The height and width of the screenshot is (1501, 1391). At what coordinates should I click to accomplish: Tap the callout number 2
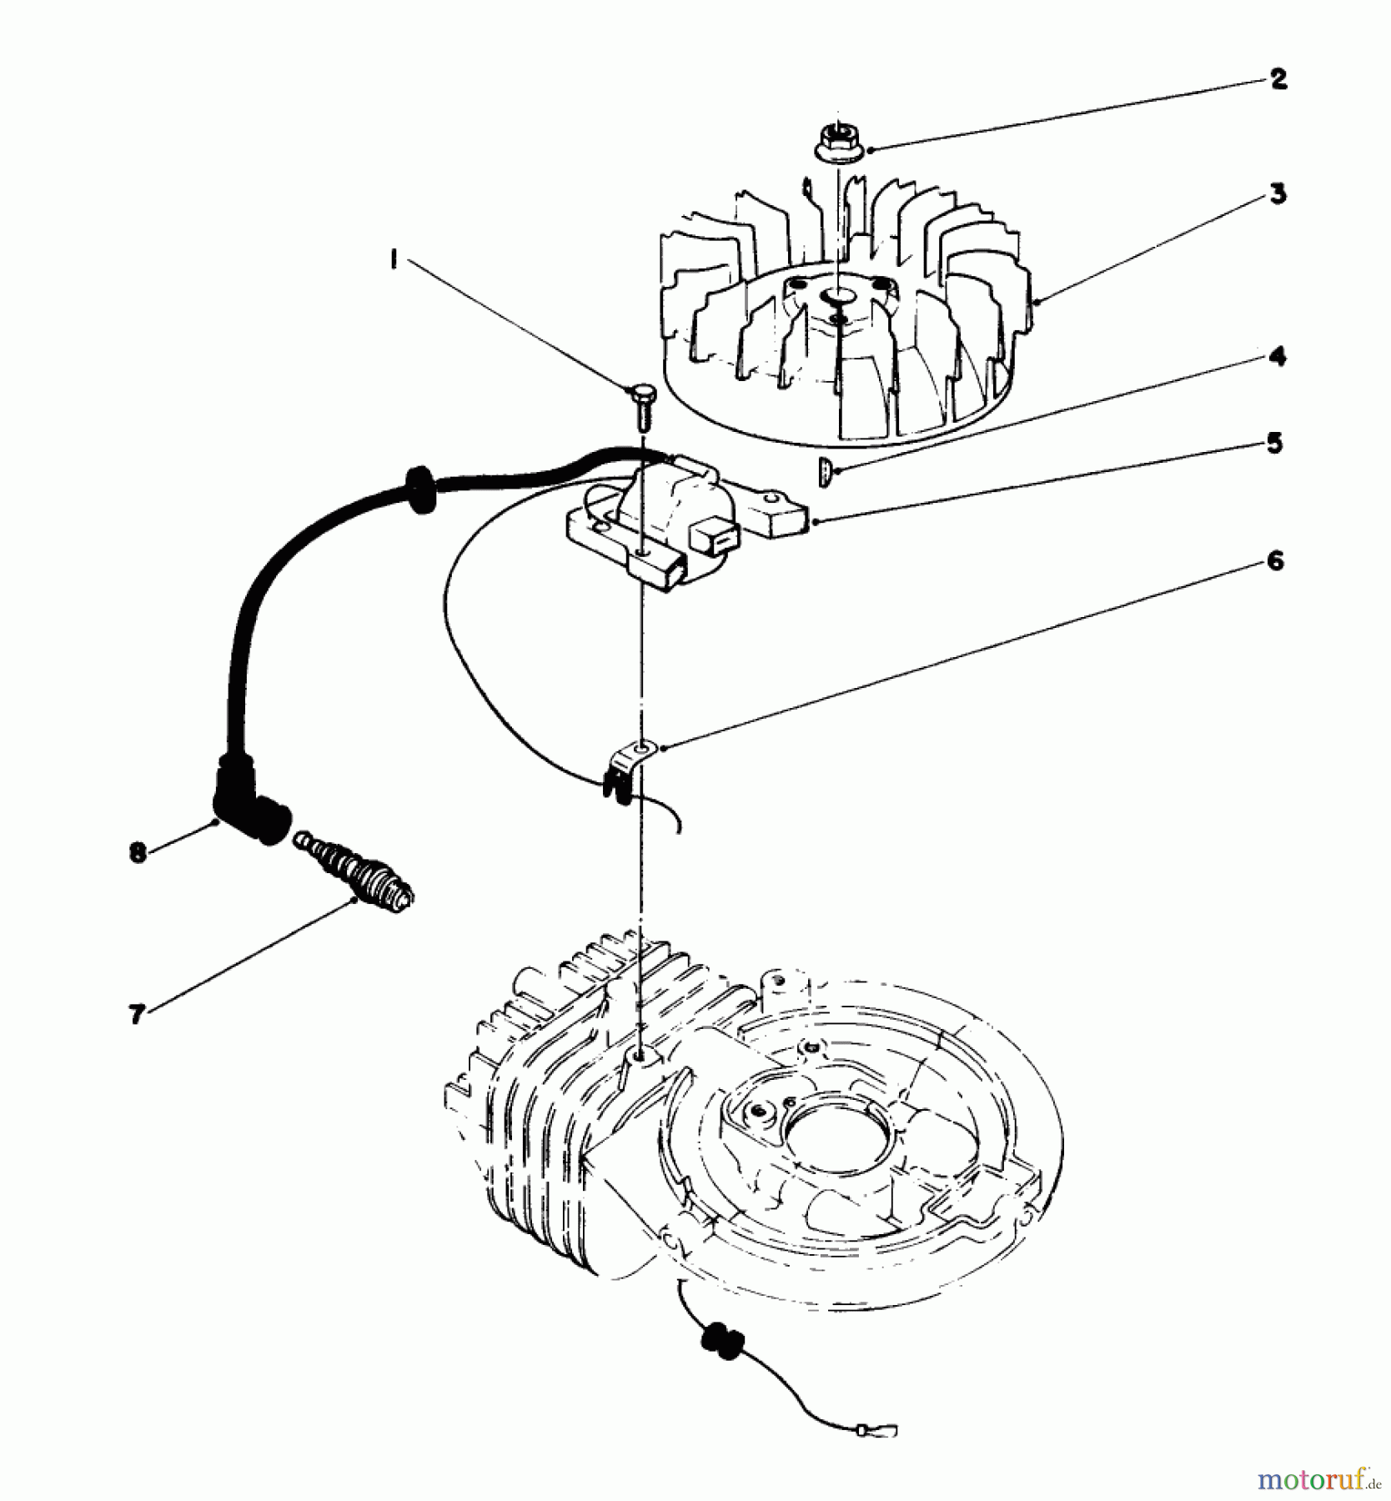coord(1278,79)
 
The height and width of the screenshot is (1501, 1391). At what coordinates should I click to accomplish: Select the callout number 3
coord(1278,194)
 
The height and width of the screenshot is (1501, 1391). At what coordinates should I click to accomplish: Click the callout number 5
coord(1273,443)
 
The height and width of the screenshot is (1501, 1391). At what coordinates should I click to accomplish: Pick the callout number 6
coord(1275,561)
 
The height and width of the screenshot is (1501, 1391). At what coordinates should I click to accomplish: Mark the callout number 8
coord(138,852)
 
